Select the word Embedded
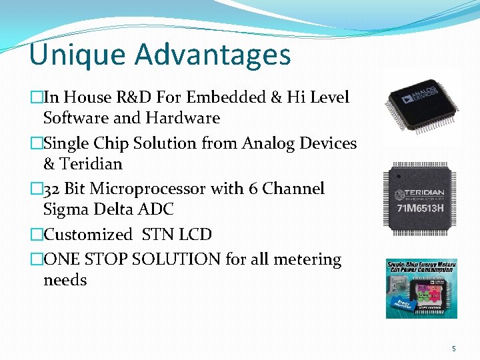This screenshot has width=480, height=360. [x=227, y=97]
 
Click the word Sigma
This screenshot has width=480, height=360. [x=66, y=209]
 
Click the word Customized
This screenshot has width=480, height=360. [x=88, y=235]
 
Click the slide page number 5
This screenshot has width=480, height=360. [x=454, y=348]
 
